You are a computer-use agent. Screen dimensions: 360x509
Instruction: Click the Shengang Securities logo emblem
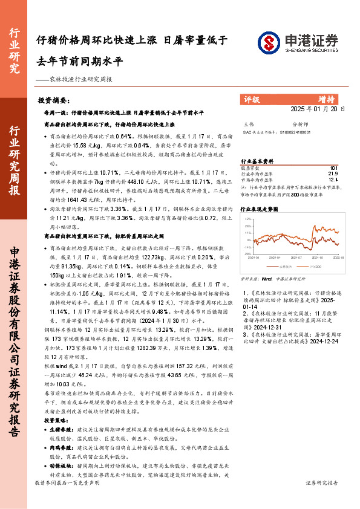[x=269, y=42]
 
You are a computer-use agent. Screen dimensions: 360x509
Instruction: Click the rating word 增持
[x=327, y=100]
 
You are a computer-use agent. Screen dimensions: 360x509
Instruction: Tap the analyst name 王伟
[x=248, y=123]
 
